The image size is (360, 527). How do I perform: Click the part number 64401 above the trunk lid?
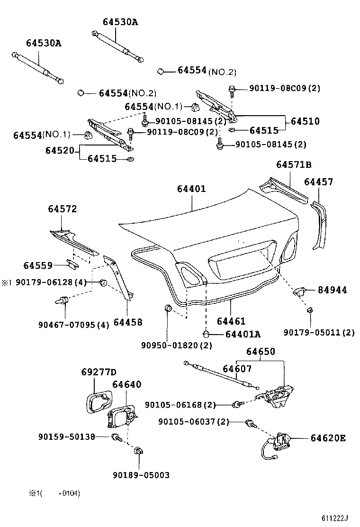(191, 189)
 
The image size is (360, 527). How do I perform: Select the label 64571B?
(294, 164)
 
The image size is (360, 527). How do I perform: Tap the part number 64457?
(318, 182)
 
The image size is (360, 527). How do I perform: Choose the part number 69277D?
(98, 372)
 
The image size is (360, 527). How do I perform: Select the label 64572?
(62, 209)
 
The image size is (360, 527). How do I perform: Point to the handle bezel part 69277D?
(99, 402)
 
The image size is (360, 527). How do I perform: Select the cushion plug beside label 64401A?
(206, 334)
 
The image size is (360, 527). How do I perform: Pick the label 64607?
(237, 368)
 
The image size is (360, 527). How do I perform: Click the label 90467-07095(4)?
(73, 325)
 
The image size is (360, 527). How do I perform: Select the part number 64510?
(305, 121)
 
